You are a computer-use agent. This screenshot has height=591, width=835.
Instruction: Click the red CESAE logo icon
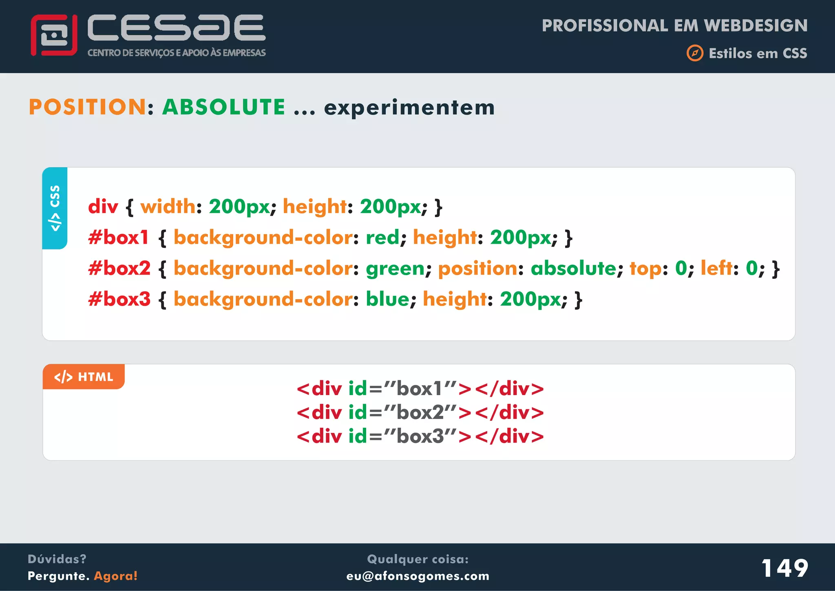click(x=54, y=35)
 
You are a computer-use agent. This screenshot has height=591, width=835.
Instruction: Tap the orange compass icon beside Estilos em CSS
click(x=695, y=53)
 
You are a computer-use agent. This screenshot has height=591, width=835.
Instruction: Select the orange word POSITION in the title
click(x=87, y=107)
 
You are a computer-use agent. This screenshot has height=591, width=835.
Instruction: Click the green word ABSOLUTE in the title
click(x=224, y=107)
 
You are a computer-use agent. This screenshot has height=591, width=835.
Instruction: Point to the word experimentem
click(x=409, y=108)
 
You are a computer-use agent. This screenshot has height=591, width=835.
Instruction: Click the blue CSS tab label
click(x=55, y=208)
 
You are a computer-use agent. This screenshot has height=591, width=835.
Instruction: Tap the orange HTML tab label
click(x=84, y=377)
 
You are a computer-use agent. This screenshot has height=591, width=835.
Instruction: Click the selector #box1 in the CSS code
click(x=119, y=238)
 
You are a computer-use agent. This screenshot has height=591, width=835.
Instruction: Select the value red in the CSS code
click(x=382, y=238)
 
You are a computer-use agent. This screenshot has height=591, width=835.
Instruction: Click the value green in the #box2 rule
click(x=395, y=269)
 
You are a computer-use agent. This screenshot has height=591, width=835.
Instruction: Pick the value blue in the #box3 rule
click(x=387, y=299)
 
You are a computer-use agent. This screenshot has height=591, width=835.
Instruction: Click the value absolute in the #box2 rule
click(x=573, y=269)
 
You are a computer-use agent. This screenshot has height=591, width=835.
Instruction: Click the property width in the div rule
click(x=168, y=207)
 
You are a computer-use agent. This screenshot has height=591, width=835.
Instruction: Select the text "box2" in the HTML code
click(x=420, y=413)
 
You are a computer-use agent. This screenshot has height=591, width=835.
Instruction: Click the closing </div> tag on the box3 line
click(x=509, y=436)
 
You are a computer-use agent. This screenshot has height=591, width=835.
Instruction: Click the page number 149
click(x=784, y=568)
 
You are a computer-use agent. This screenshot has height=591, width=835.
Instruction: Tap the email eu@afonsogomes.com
click(x=417, y=576)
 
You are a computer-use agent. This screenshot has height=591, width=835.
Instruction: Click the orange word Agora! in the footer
click(x=116, y=576)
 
